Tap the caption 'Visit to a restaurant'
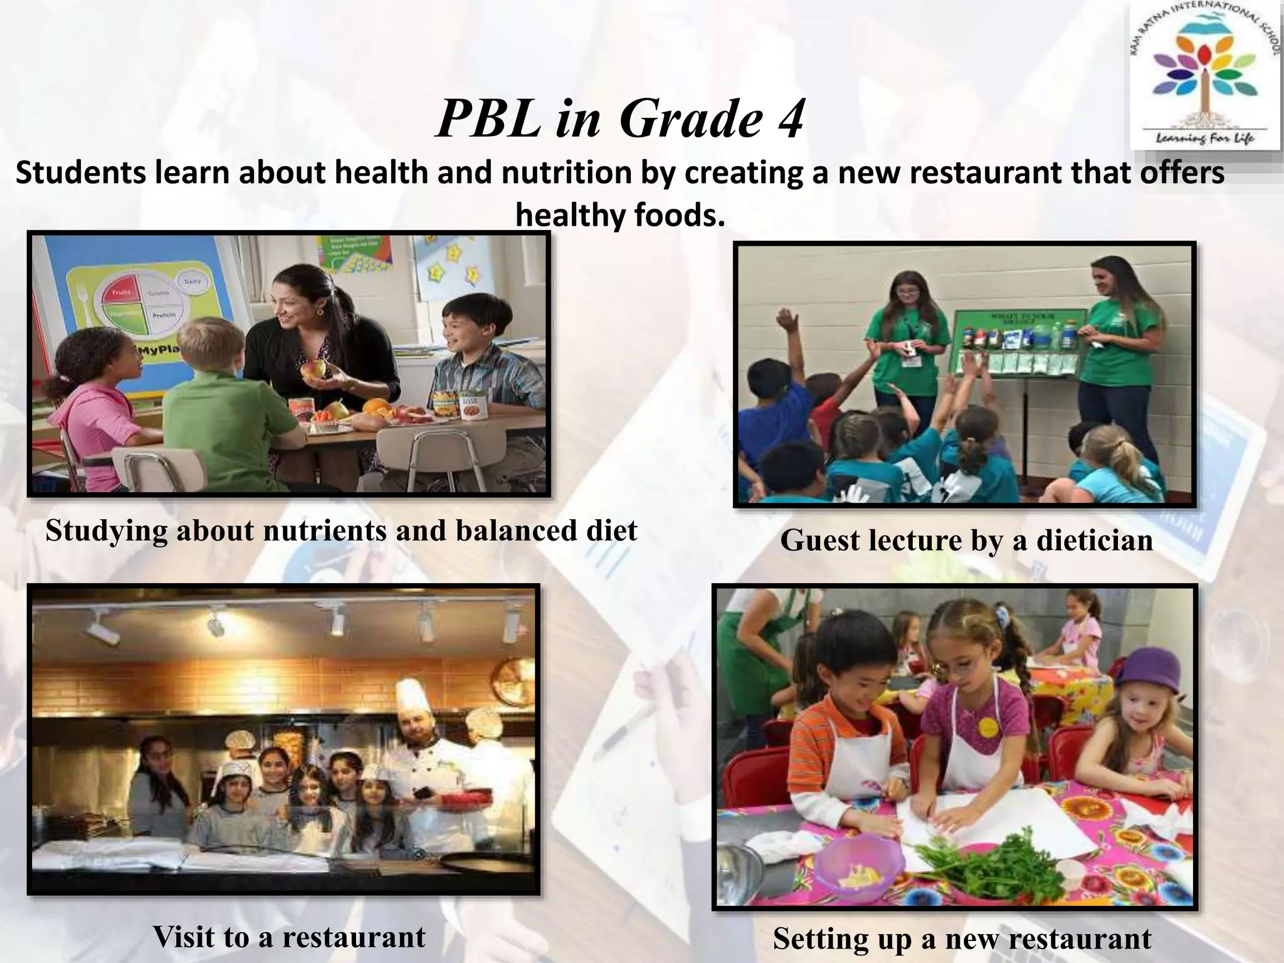[x=289, y=937]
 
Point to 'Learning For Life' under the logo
[x=1204, y=137]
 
